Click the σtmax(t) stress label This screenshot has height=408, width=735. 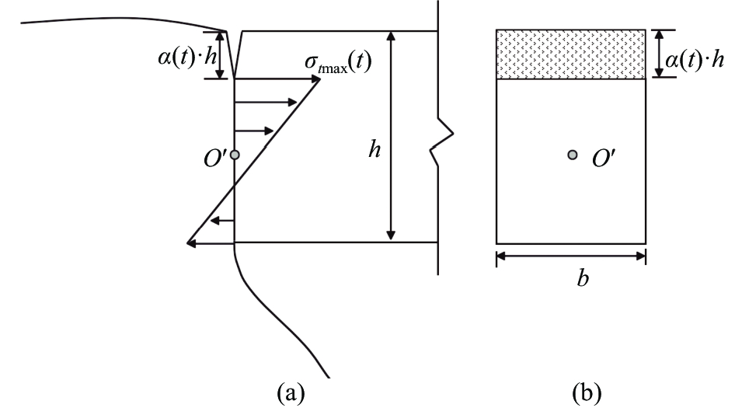click(x=339, y=63)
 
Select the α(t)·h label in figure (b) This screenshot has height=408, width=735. click(x=695, y=60)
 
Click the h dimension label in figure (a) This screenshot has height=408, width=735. click(x=374, y=149)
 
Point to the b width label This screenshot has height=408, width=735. click(x=583, y=278)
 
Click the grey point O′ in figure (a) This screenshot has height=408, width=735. click(x=235, y=155)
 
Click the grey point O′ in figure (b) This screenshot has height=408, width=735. click(x=573, y=155)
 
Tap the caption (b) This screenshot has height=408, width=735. click(x=587, y=393)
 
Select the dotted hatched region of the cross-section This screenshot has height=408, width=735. click(x=571, y=54)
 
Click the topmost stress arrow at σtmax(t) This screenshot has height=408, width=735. click(x=277, y=79)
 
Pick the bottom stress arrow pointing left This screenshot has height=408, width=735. click(x=211, y=243)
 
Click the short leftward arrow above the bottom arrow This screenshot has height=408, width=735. click(x=222, y=220)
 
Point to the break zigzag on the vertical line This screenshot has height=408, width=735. click(x=441, y=141)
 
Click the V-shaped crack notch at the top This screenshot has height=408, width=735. click(x=235, y=54)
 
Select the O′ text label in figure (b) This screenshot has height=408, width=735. click(x=604, y=159)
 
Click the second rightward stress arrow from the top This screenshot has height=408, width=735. click(x=266, y=103)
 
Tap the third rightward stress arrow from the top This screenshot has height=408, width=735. click(x=254, y=131)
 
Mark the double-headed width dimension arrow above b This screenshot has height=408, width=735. click(x=571, y=256)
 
